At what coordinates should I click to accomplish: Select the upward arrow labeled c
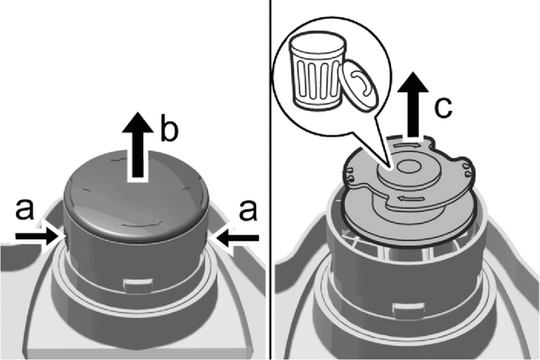click(x=411, y=107)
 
